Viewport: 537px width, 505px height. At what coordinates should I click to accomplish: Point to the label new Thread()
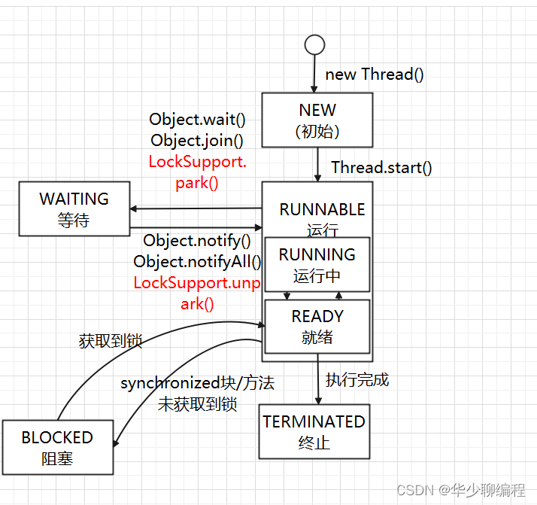[375, 75]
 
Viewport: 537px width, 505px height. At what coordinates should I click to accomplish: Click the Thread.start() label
[381, 168]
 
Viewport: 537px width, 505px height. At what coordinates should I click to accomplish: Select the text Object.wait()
[197, 119]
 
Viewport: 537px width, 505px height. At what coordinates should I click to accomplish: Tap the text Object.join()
[197, 141]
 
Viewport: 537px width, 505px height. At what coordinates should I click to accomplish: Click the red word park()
[197, 183]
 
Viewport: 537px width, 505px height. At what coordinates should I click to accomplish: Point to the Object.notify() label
[197, 241]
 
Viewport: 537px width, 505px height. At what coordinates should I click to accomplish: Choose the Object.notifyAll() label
[197, 262]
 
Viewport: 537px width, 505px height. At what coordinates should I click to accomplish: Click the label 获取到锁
[111, 341]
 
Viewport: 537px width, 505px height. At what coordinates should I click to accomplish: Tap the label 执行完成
[357, 380]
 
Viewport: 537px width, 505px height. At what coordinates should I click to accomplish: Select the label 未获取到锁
[197, 404]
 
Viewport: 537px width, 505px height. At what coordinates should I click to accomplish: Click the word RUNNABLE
[322, 209]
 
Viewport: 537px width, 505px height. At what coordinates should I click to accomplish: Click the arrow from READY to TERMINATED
[318, 379]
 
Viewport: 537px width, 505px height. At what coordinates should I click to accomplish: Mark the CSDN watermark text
[461, 490]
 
